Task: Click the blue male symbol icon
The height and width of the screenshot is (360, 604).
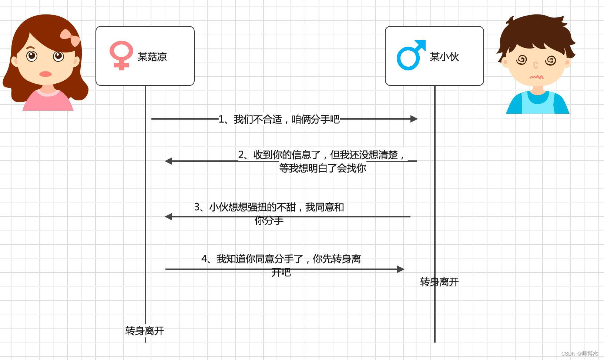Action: click(410, 56)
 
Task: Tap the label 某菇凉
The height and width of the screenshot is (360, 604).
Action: click(152, 57)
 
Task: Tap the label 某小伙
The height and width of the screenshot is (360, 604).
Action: click(444, 57)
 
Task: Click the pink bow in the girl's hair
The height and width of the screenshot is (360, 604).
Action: click(70, 37)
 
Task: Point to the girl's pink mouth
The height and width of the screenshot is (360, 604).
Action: click(45, 74)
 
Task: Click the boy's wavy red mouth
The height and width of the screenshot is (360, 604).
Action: click(536, 77)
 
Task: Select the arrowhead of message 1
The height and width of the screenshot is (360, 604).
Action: click(414, 119)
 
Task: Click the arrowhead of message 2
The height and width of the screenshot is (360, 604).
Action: click(169, 161)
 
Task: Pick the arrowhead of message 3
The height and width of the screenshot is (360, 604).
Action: click(169, 217)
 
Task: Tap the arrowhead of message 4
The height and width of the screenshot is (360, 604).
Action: click(400, 269)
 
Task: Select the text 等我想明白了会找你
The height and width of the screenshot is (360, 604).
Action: click(322, 168)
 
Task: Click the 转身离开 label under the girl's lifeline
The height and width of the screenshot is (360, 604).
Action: click(145, 331)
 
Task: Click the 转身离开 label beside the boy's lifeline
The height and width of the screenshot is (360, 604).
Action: click(439, 282)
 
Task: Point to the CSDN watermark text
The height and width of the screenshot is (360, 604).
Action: click(580, 354)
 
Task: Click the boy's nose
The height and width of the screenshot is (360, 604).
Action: click(535, 66)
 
